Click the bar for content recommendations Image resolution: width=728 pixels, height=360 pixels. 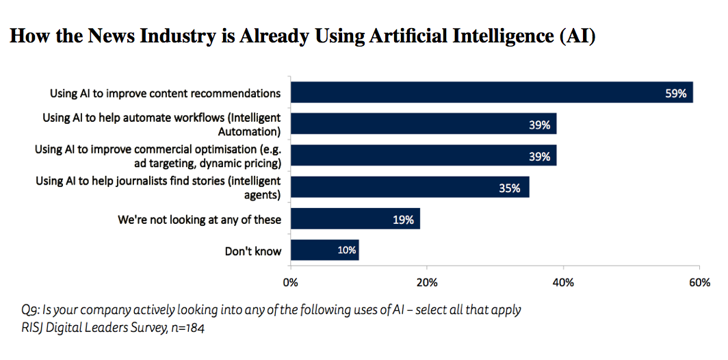tap(492, 92)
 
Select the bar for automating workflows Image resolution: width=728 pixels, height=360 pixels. tap(424, 124)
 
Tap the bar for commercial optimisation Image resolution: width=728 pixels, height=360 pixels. tap(424, 155)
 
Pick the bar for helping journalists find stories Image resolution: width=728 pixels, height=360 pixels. tap(410, 187)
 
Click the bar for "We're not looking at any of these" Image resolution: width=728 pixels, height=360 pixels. tap(355, 219)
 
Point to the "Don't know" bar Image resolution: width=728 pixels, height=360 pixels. tap(324, 250)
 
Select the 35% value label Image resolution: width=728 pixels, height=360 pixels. tap(509, 188)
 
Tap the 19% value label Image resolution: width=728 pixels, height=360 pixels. tap(403, 220)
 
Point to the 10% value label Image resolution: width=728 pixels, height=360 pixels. tap(346, 250)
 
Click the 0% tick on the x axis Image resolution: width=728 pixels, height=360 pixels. tap(291, 283)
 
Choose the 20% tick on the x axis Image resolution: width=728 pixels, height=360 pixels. tap(427, 283)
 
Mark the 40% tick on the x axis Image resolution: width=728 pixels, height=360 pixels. tap(563, 283)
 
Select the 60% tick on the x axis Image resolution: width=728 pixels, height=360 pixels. tap(699, 283)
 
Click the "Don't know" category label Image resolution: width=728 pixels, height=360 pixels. tap(253, 251)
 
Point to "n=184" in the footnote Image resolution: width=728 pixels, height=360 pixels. tap(187, 329)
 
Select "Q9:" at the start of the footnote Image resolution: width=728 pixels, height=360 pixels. tap(31, 310)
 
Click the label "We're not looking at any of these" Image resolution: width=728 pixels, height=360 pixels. tap(200, 220)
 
